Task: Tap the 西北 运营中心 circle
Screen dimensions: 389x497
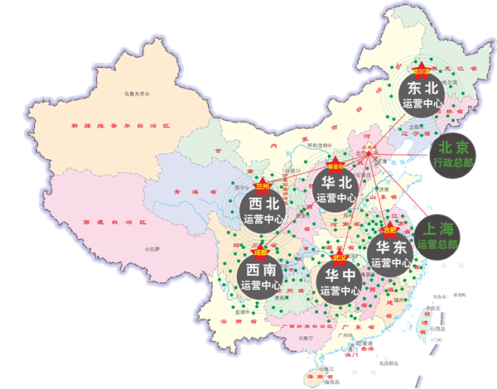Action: click(265, 211)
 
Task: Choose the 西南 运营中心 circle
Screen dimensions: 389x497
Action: click(262, 276)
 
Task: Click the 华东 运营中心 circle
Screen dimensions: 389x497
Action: click(390, 252)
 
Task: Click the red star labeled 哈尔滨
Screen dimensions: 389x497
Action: click(420, 70)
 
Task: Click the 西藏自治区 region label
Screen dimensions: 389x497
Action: click(104, 223)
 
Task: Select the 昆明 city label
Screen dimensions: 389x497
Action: click(240, 312)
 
